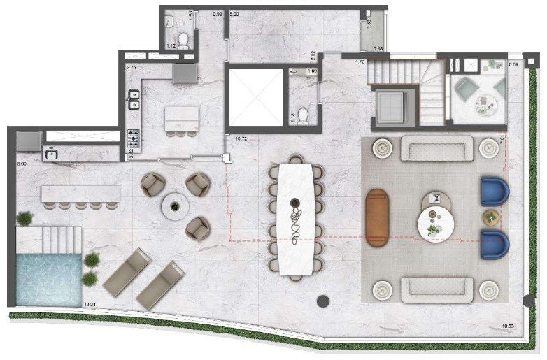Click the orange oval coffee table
tap(378, 218)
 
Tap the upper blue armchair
tap(495, 191)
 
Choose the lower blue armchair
tap(495, 243)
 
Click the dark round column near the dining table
tap(323, 301)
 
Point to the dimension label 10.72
tap(242, 139)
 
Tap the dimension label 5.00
tap(234, 14)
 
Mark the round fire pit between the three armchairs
tap(174, 206)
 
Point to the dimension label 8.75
tap(131, 68)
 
